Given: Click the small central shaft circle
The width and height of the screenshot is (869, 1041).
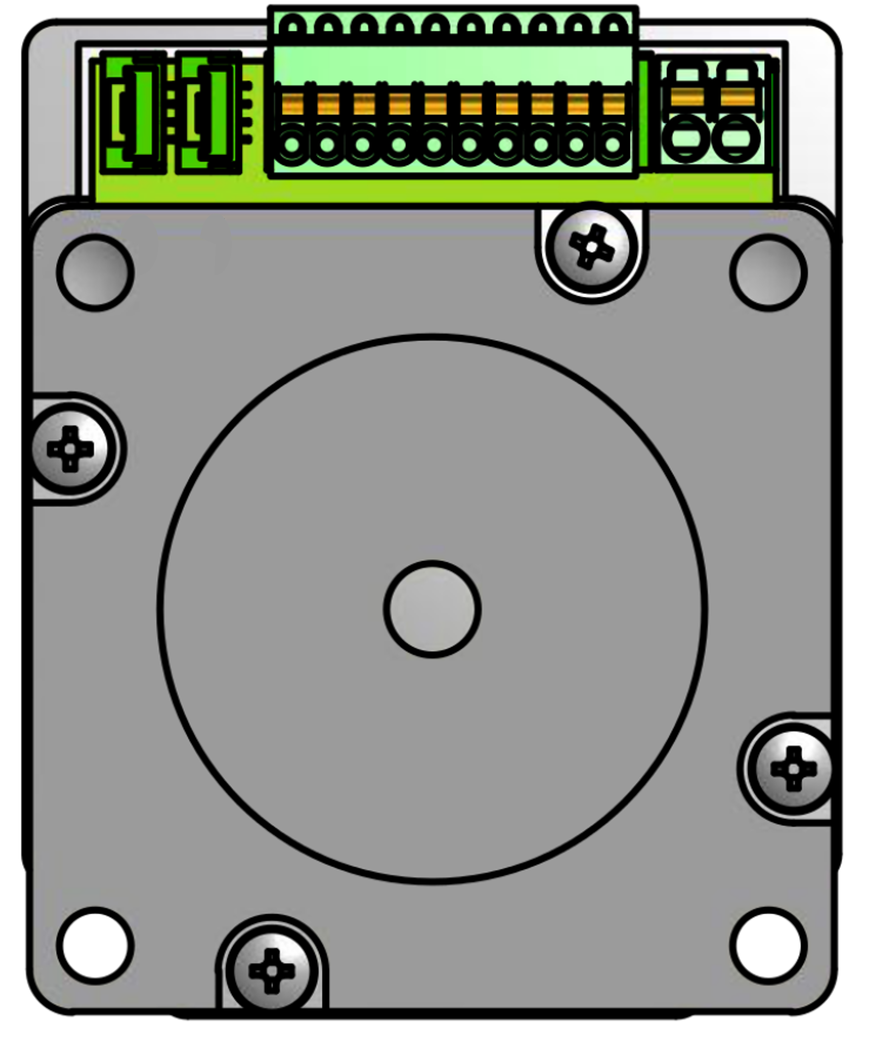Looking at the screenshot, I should tap(432, 609).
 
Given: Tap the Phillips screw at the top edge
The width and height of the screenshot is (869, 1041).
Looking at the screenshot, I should tap(592, 247).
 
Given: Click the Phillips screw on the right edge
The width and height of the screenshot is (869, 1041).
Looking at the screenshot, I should tap(793, 769).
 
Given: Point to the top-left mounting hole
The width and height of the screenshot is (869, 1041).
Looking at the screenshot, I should tap(95, 272).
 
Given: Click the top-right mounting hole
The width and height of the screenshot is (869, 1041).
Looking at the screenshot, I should tap(768, 272).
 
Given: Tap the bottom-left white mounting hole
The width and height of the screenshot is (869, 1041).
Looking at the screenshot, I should tap(95, 945).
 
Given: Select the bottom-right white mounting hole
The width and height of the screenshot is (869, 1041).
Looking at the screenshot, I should tap(768, 945).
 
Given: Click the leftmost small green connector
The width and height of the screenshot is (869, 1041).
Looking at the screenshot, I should tap(133, 113).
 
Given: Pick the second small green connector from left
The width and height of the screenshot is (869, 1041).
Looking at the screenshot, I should tap(209, 113).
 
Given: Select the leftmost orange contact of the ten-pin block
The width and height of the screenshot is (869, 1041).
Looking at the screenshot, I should tap(292, 104).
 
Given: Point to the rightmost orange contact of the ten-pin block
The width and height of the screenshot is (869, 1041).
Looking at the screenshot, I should tap(613, 104).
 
